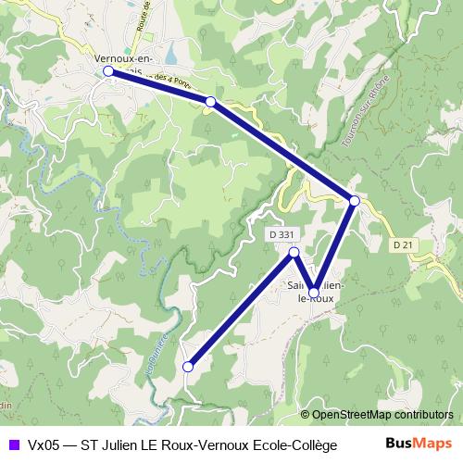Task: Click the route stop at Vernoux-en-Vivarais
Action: coord(108,70)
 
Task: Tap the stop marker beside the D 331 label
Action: coord(294,252)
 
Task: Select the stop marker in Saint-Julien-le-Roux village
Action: coord(314,293)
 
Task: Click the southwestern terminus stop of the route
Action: coord(188,367)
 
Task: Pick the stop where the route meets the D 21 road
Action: coord(354,200)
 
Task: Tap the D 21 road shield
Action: coord(401,244)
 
